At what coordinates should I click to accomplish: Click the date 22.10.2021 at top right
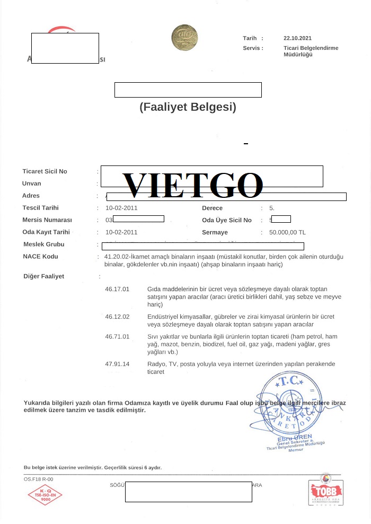(x=297, y=38)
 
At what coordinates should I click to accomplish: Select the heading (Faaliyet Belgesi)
(x=188, y=107)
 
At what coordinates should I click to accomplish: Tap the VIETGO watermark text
(x=193, y=185)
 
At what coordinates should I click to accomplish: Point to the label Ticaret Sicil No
(x=45, y=171)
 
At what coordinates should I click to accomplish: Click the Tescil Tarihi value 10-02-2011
(x=121, y=208)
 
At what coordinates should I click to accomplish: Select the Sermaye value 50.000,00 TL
(x=287, y=232)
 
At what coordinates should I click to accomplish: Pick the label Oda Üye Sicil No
(x=227, y=220)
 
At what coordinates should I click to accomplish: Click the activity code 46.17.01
(x=117, y=289)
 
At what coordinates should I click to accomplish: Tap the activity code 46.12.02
(x=117, y=317)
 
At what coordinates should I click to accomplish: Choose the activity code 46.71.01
(x=117, y=337)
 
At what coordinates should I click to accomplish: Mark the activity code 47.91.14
(x=117, y=364)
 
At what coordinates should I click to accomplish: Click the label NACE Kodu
(x=41, y=256)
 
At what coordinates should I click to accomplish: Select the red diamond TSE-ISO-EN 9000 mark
(x=46, y=495)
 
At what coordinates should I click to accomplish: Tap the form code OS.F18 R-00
(x=39, y=479)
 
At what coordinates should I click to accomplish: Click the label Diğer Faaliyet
(x=44, y=276)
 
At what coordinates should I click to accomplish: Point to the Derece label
(x=212, y=208)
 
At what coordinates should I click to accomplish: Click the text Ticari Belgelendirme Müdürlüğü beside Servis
(x=311, y=51)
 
